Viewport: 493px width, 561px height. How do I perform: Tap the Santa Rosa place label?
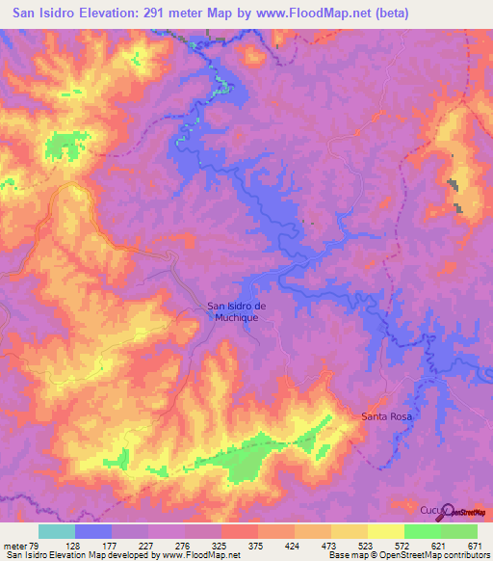click(386, 416)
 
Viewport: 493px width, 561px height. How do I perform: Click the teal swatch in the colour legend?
click(56, 531)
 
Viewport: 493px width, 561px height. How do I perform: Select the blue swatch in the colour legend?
click(92, 531)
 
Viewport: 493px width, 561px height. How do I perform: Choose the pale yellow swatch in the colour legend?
click(385, 531)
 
